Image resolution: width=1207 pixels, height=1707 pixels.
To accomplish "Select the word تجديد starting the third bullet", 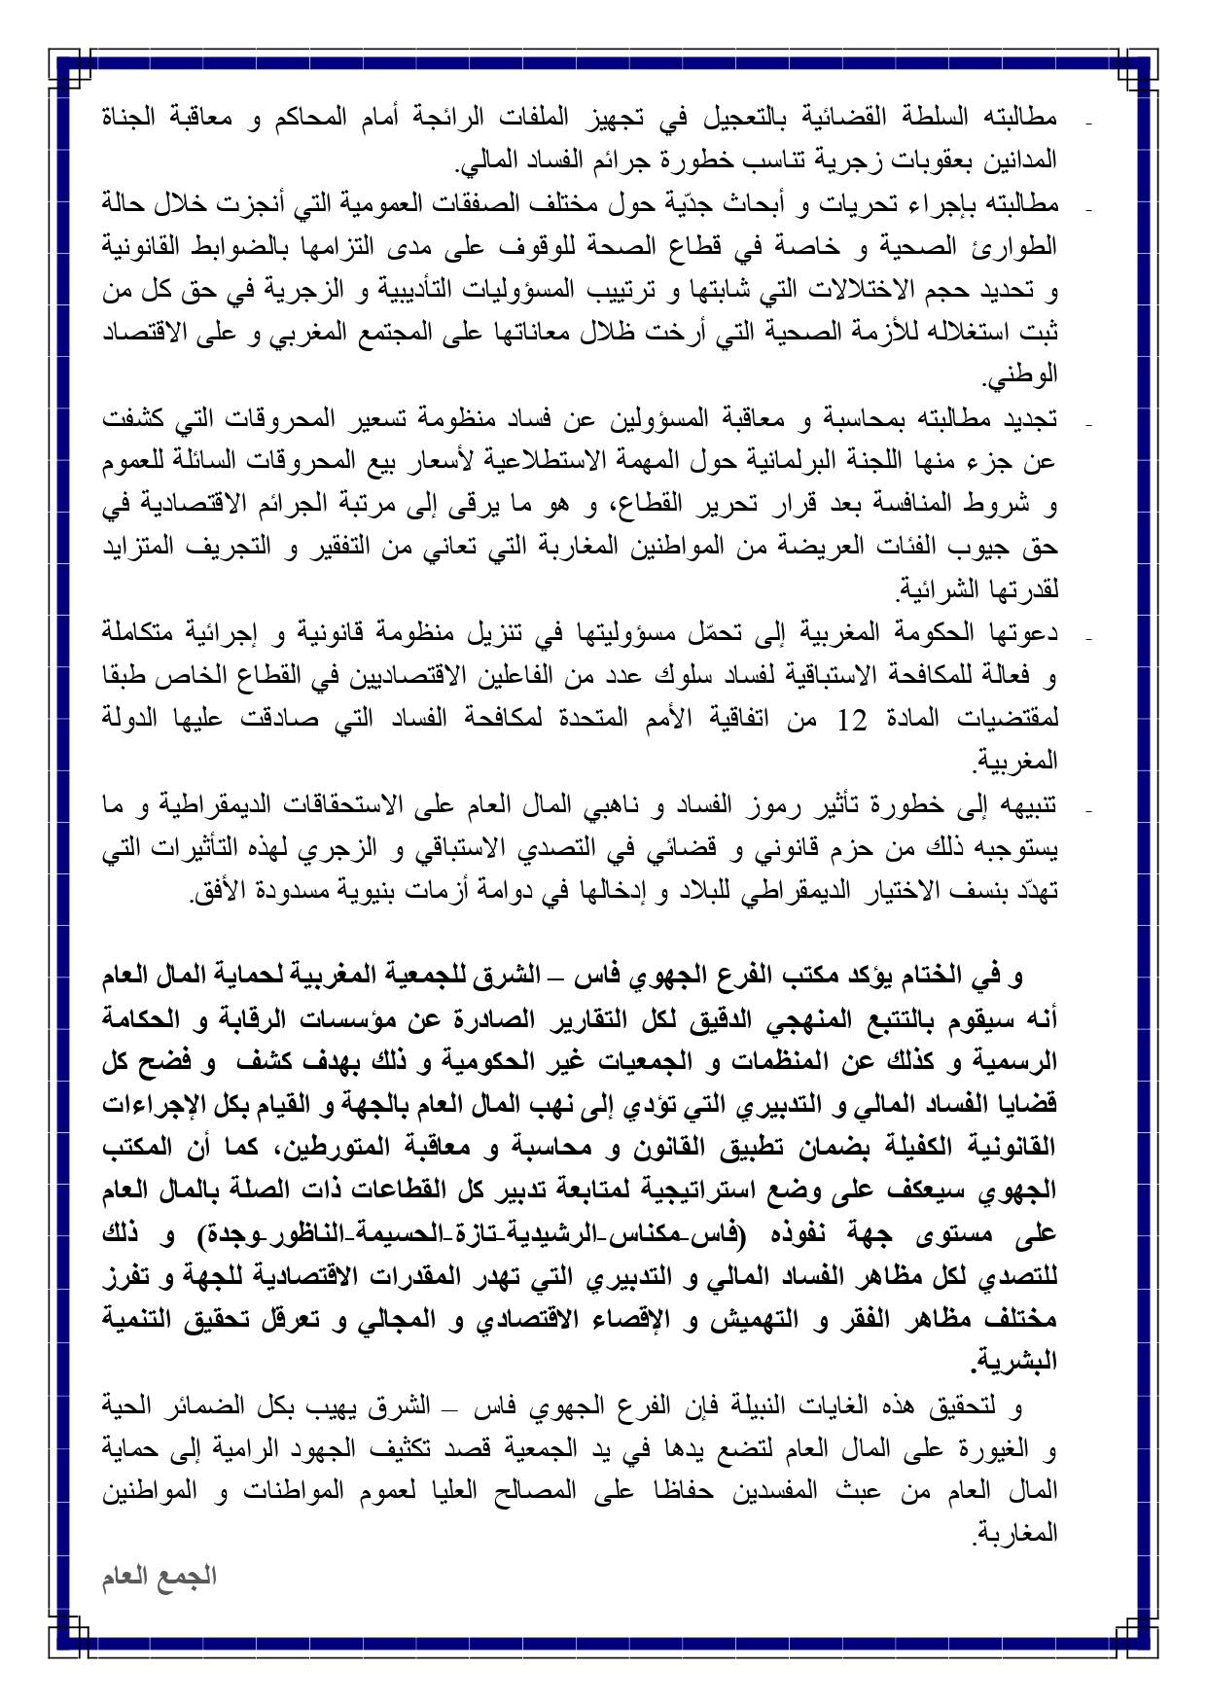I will pos(1030,421).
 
